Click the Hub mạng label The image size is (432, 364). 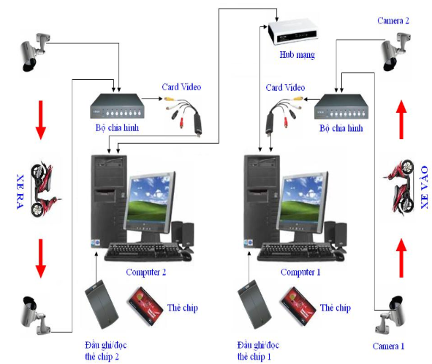pyautogui.click(x=297, y=55)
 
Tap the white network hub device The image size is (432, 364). pyautogui.click(x=292, y=31)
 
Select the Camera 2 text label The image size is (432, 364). pyautogui.click(x=393, y=21)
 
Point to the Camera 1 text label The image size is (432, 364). pyautogui.click(x=388, y=346)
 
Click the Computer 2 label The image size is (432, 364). pyautogui.click(x=146, y=272)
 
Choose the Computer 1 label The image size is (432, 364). pyautogui.click(x=300, y=272)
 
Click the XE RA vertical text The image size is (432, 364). pyautogui.click(x=20, y=191)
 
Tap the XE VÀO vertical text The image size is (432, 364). pyautogui.click(x=425, y=187)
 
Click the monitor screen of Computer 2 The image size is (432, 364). pyautogui.click(x=149, y=199)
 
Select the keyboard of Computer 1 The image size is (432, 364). pyautogui.click(x=297, y=252)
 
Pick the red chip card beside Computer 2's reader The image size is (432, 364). pyautogui.click(x=145, y=306)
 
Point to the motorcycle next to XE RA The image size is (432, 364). pyautogui.click(x=44, y=189)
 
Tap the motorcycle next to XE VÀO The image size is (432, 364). pyautogui.click(x=400, y=186)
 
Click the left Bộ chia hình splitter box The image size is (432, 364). pyautogui.click(x=118, y=106)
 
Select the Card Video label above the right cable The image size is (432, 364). pyautogui.click(x=285, y=87)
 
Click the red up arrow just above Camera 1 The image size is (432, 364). pyautogui.click(x=401, y=258)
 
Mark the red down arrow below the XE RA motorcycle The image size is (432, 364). pyautogui.click(x=41, y=259)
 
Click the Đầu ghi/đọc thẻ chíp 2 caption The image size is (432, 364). pyautogui.click(x=105, y=351)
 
